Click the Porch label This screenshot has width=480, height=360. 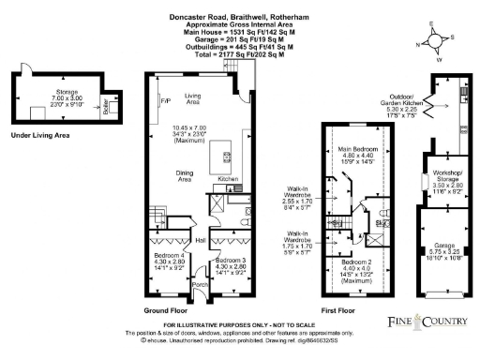(x=199, y=285)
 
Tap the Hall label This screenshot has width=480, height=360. (x=200, y=238)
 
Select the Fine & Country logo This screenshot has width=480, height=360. (x=428, y=321)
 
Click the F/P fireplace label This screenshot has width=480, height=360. (x=166, y=99)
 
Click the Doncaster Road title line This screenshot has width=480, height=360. (x=239, y=16)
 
